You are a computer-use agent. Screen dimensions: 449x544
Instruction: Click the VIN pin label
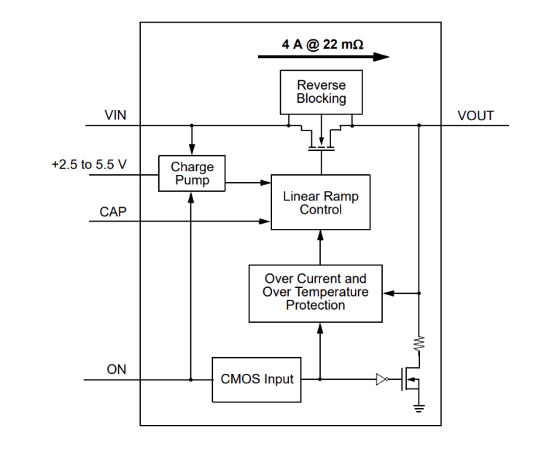pos(115,115)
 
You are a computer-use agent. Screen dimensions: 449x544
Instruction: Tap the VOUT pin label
pos(475,116)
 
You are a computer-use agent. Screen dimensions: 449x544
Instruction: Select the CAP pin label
pos(114,212)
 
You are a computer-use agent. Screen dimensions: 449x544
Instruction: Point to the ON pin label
pos(117,369)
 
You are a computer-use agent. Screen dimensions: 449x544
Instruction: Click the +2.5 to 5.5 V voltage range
pos(89,165)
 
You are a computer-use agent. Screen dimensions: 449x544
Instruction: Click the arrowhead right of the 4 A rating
pos(381,57)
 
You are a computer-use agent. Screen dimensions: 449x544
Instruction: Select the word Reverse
pos(321,85)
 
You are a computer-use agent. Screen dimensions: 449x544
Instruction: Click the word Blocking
pos(321,98)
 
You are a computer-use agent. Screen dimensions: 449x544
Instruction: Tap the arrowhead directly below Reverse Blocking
pos(321,141)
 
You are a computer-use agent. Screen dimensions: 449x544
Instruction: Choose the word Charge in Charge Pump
pos(192,168)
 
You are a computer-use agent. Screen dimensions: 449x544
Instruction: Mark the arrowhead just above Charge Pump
pos(192,151)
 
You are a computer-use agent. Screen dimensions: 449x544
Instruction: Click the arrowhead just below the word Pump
pos(191,198)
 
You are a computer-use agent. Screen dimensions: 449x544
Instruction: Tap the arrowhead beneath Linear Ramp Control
pos(319,235)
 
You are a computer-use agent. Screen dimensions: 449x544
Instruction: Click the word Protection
pos(316,305)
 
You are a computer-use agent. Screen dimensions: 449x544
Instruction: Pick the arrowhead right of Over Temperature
pos(389,293)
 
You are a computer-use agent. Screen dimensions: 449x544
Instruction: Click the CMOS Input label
pos(257,379)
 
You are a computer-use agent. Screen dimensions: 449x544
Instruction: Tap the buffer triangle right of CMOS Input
pos(381,379)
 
